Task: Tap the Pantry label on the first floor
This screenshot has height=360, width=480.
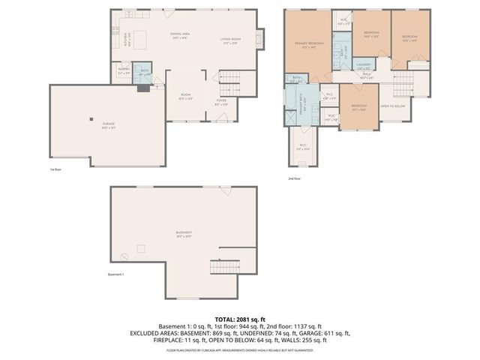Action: [x=124, y=73]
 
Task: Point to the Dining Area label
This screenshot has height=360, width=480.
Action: [x=180, y=35]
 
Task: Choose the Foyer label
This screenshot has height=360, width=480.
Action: [x=221, y=101]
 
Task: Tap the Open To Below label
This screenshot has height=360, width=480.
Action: [x=393, y=106]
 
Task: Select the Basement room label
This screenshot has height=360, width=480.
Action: [x=184, y=233]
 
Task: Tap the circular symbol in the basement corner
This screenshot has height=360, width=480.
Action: [x=124, y=256]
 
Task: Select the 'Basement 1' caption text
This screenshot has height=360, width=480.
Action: [x=116, y=274]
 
